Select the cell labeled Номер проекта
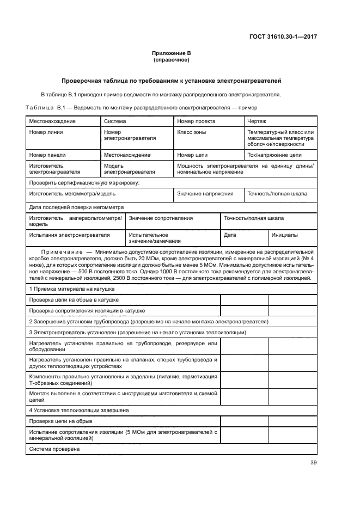pos(197,121)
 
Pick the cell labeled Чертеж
pos(257,121)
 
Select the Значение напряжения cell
pos(205,194)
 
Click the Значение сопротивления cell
pos(161,218)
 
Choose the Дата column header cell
pos(230,235)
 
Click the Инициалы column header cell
pos(285,235)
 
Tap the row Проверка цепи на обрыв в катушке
pos(74,300)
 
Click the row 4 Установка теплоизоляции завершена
pos(78,410)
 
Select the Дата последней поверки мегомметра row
pos(76,207)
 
